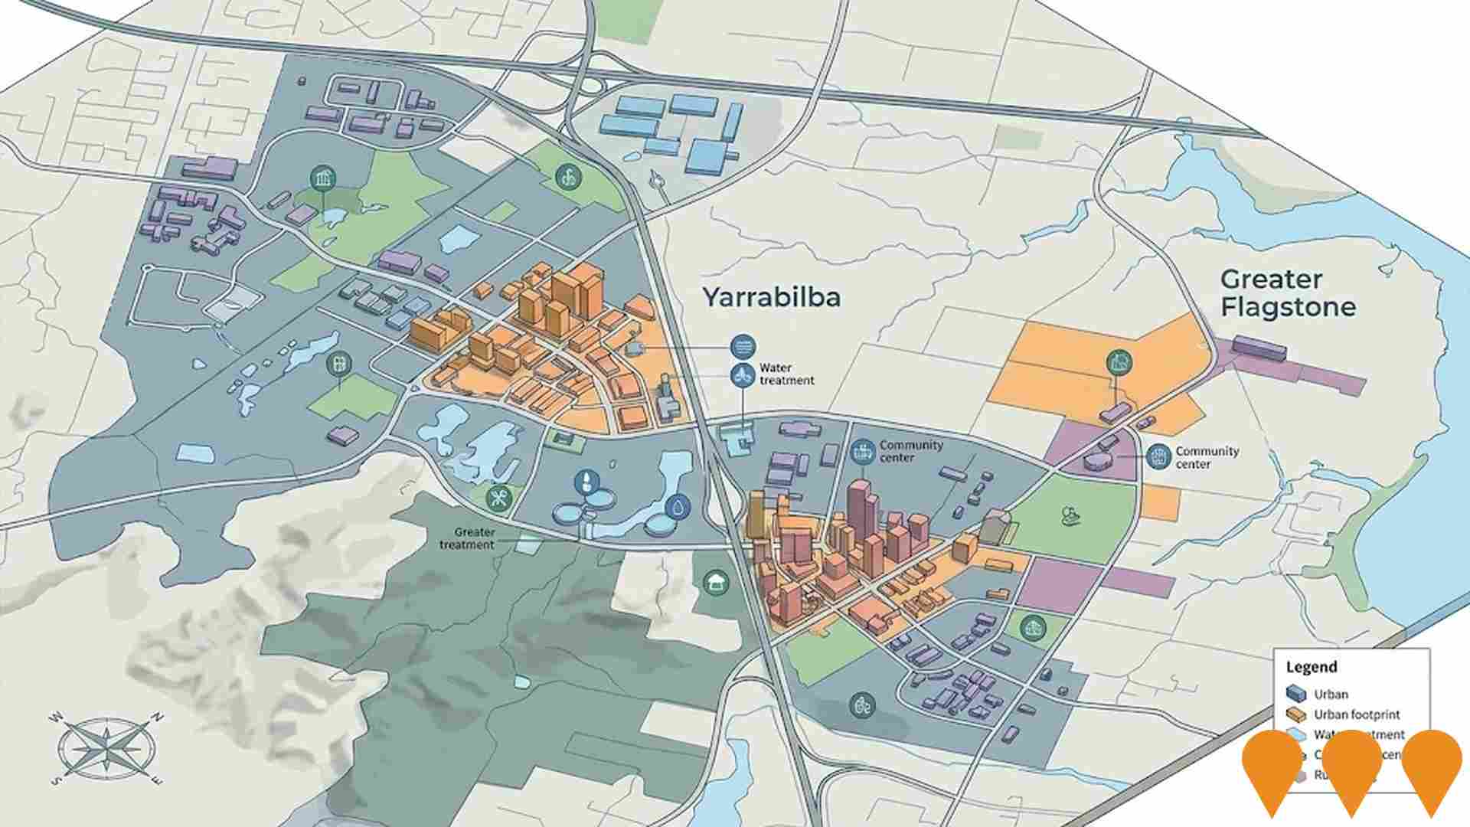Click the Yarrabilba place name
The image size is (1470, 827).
[x=771, y=297]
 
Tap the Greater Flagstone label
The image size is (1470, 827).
[x=1288, y=293]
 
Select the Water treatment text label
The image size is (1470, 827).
[x=786, y=374]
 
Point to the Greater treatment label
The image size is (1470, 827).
[x=467, y=538]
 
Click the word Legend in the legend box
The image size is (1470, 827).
[x=1311, y=667]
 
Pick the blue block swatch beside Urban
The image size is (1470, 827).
[x=1296, y=694]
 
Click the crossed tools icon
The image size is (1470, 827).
[x=500, y=498]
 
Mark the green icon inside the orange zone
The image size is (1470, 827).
[x=1119, y=361]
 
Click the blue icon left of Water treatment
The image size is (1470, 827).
[x=742, y=374]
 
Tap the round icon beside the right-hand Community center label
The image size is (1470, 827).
[x=1158, y=457]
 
